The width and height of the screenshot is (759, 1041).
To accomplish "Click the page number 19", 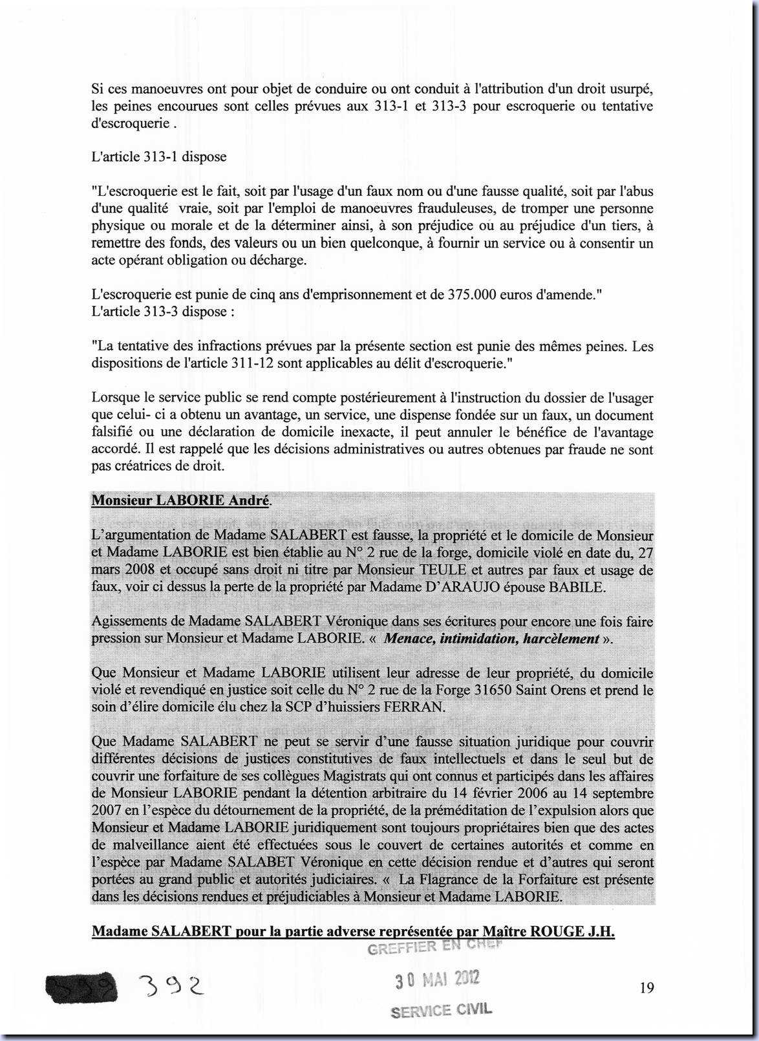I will click(647, 987).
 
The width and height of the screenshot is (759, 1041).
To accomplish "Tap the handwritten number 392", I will click(171, 986).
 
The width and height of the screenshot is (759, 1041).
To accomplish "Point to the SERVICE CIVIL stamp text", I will click(442, 1010).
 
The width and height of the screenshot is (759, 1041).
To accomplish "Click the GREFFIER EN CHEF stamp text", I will click(434, 948).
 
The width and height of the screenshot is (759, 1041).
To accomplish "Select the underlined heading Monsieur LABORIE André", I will click(182, 500).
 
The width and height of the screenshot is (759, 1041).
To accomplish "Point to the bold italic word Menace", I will click(409, 639).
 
